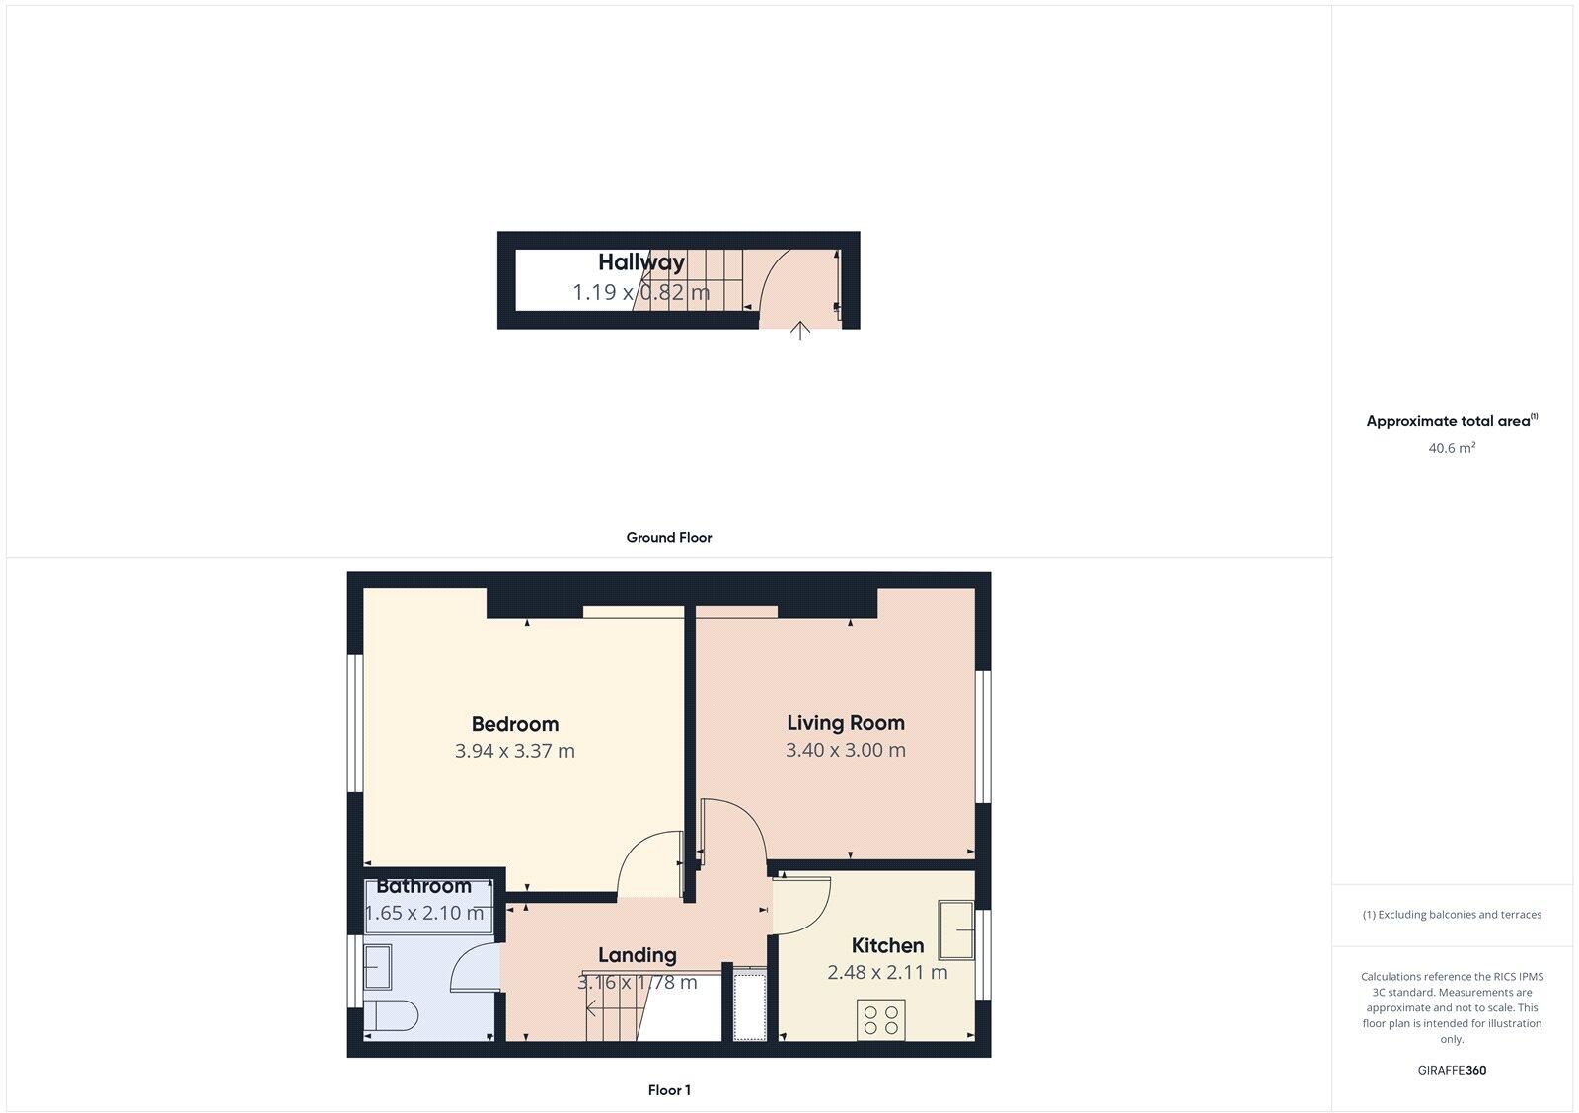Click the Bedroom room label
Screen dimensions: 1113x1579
tap(514, 724)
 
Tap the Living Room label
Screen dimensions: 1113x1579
tap(845, 723)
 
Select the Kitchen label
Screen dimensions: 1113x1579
tap(887, 946)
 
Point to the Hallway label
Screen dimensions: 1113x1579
tap(640, 262)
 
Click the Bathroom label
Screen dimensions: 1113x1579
tap(423, 886)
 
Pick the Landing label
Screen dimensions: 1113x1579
tap(637, 955)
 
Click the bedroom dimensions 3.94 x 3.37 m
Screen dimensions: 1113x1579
tap(514, 751)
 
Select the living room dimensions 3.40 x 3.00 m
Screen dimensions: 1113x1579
tap(845, 750)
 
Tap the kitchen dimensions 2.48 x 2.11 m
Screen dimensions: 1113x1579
tap(887, 972)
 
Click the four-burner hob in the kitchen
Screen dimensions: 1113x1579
tap(881, 1020)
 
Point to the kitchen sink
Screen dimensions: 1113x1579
tap(955, 929)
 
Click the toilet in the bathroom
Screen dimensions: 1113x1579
tap(391, 1015)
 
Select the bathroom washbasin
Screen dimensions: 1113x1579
tap(377, 968)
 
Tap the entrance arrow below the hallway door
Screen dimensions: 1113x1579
tap(799, 331)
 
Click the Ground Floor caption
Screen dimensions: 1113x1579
tap(668, 538)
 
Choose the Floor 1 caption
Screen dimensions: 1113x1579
tap(668, 1090)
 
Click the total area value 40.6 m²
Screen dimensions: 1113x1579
tap(1452, 448)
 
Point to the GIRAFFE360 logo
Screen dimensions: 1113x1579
tap(1452, 1070)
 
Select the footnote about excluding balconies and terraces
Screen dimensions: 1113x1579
tap(1452, 915)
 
